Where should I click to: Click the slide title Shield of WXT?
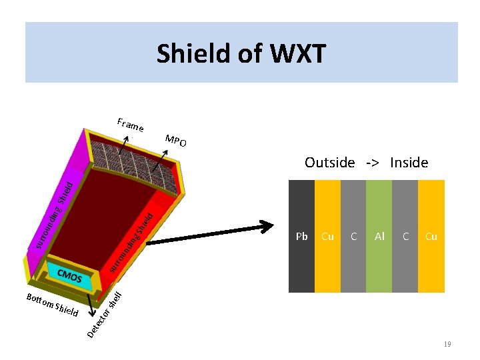(241, 53)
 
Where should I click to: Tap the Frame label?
(130, 125)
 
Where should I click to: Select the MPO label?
(176, 141)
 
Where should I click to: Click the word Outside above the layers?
(329, 162)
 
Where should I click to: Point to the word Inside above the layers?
(409, 162)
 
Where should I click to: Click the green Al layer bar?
(379, 267)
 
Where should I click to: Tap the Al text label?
(379, 236)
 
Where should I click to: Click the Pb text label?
(301, 236)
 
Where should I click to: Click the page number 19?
(447, 344)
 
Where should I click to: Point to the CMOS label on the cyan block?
(69, 275)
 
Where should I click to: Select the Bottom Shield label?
(53, 305)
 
